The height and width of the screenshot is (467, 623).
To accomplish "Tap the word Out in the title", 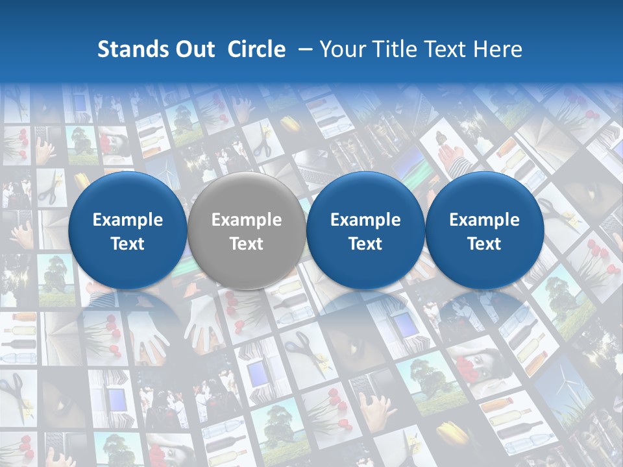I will click(x=194, y=49).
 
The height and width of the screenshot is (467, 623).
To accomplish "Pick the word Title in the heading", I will click(x=395, y=49).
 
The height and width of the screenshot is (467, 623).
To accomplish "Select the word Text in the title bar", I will click(x=447, y=49).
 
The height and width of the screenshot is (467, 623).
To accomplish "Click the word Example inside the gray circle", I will click(x=246, y=220).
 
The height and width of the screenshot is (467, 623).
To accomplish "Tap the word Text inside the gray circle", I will click(x=246, y=244).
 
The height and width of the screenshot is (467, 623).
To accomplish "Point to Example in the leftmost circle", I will click(x=127, y=220).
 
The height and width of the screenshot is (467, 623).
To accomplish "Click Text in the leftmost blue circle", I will click(x=127, y=244).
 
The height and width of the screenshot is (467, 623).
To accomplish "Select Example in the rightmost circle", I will click(x=484, y=220).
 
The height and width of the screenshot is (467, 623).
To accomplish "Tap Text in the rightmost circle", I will click(x=484, y=244).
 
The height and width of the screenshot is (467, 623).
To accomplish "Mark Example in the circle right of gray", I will click(x=365, y=220).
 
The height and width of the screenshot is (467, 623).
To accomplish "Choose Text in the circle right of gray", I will click(x=365, y=244).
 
